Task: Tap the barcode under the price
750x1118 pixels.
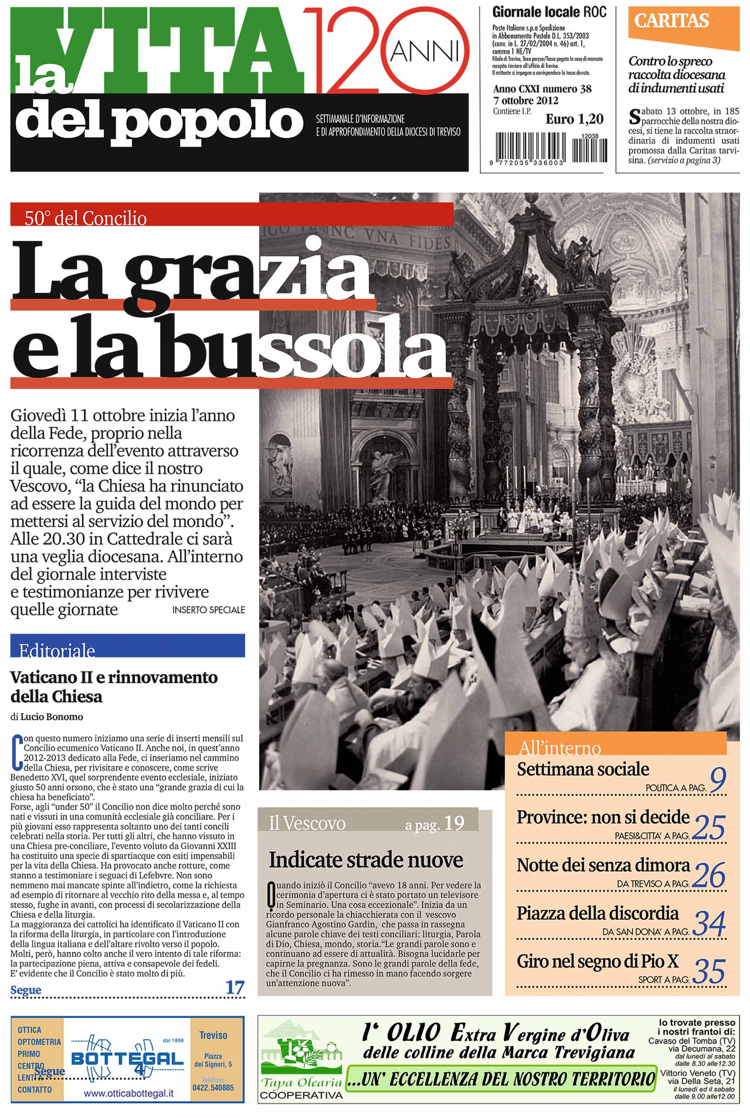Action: [550, 148]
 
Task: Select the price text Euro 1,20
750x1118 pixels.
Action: [574, 119]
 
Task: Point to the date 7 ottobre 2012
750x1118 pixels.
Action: [526, 101]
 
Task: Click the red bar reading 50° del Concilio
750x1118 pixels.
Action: [232, 215]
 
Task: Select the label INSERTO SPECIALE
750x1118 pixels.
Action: [208, 610]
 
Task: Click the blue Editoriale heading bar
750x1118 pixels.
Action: [127, 646]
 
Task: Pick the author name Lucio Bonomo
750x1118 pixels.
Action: [52, 717]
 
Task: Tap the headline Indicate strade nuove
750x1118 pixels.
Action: [366, 860]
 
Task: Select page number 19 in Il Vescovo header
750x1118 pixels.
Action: [454, 823]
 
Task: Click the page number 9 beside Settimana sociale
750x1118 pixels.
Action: [718, 780]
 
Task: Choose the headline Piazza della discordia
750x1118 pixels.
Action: [598, 913]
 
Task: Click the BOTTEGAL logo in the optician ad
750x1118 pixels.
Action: [127, 1059]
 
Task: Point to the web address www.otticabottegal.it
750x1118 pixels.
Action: [128, 1094]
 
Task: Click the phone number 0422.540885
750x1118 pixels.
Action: [213, 1088]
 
